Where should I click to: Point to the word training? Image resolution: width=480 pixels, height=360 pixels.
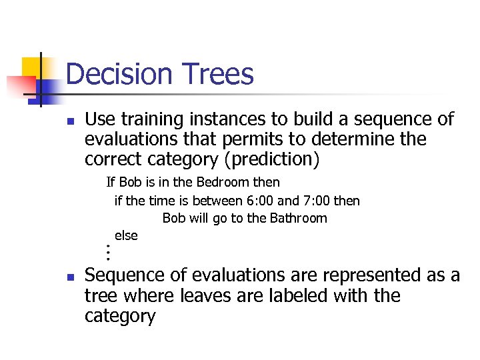point(151,120)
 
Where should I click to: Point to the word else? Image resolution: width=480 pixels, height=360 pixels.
point(126,235)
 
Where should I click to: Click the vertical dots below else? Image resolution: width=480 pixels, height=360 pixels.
point(107,253)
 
